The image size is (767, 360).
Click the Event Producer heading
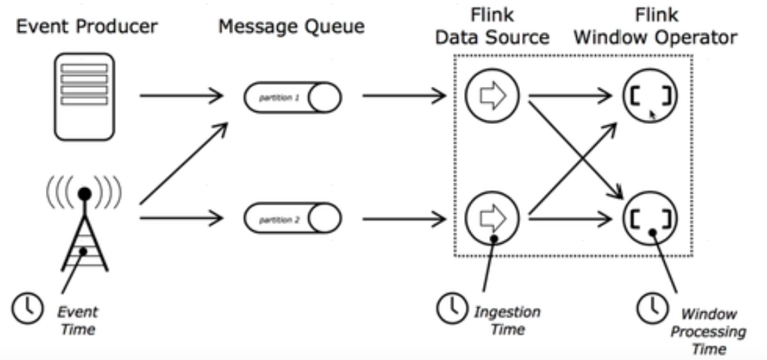tap(87, 27)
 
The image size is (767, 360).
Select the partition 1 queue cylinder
tap(292, 97)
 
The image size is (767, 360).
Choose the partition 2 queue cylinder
tap(292, 220)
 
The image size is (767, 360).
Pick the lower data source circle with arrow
tap(492, 219)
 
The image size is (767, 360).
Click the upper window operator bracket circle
tap(649, 97)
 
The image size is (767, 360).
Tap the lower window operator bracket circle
tap(649, 219)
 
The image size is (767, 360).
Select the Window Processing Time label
tap(706, 331)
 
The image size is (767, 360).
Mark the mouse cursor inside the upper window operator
tap(652, 114)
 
